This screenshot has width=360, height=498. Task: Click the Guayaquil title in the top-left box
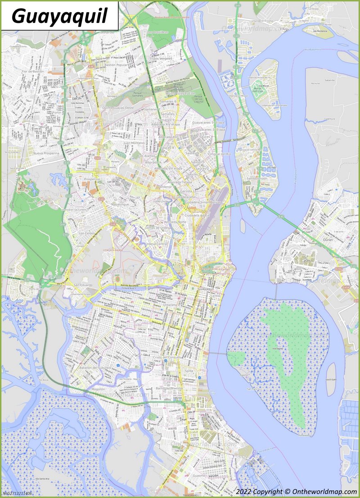(x=59, y=16)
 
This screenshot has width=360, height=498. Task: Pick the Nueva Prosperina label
(x=46, y=153)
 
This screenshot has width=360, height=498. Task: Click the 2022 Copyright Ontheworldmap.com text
(x=297, y=492)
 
